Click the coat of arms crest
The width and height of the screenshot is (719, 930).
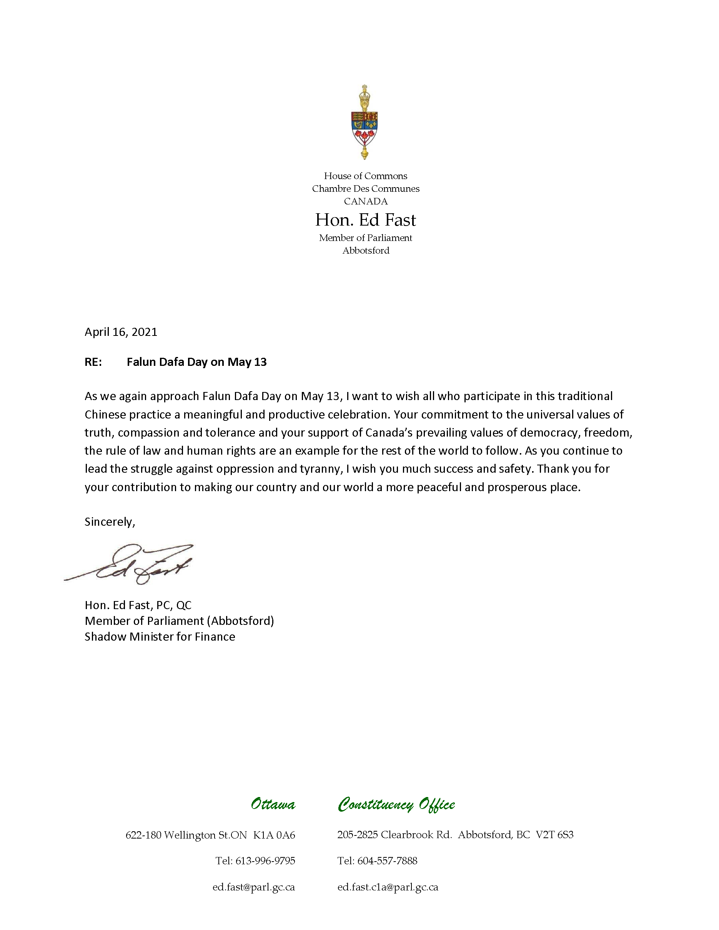click(364, 123)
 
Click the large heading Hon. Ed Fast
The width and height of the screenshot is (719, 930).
click(366, 220)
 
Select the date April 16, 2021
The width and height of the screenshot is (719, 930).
click(121, 332)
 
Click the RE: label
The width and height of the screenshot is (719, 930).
click(93, 362)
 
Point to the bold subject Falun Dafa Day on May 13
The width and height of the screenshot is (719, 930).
click(196, 362)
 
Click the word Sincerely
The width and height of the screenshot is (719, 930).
click(109, 522)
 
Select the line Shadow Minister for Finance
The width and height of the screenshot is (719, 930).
click(160, 637)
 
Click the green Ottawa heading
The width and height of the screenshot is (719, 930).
click(273, 804)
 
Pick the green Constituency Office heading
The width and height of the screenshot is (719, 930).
click(396, 805)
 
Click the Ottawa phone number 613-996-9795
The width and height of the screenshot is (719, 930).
click(265, 861)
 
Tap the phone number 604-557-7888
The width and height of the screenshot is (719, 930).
click(387, 861)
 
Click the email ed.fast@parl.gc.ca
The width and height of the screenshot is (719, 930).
click(253, 887)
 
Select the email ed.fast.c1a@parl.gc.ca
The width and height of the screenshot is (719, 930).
click(388, 887)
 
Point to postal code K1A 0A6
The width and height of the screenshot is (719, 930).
click(274, 835)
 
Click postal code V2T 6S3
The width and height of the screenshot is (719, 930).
click(554, 835)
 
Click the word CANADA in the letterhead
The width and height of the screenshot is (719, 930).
click(366, 201)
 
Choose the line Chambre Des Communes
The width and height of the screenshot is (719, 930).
click(366, 189)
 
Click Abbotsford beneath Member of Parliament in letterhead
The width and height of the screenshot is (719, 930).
click(366, 251)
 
